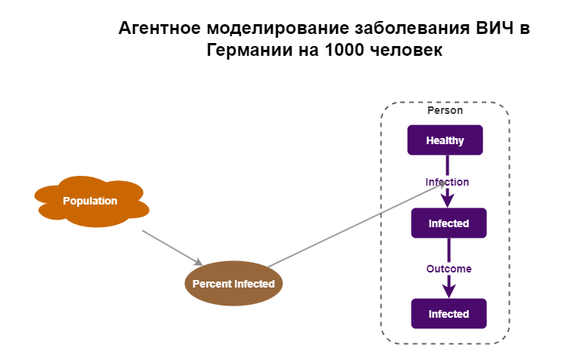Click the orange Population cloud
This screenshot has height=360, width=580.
click(x=90, y=201)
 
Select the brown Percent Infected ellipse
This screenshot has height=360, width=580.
click(x=233, y=284)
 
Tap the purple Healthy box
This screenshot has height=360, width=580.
click(x=445, y=140)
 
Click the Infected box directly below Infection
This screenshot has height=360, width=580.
click(x=449, y=223)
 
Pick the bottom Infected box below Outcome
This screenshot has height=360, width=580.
click(x=449, y=314)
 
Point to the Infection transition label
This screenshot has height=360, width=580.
click(x=447, y=182)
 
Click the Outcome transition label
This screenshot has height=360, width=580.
click(x=449, y=269)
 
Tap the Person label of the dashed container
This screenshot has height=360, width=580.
click(x=445, y=110)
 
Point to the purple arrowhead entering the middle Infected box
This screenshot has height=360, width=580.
click(x=448, y=202)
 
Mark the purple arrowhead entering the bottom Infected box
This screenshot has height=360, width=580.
click(x=449, y=291)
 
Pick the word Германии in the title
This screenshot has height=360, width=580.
click(x=244, y=51)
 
